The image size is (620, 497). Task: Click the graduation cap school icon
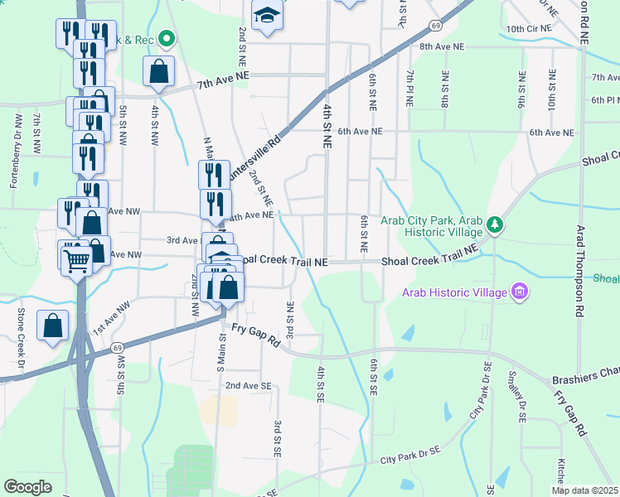(267, 16)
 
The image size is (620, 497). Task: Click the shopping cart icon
(76, 261)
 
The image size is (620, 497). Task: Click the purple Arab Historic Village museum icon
(520, 292)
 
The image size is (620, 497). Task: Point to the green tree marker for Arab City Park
(494, 224)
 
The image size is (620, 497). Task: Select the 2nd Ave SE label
(248, 386)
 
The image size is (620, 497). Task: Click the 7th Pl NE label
(409, 89)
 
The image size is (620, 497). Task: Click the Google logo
(27, 487)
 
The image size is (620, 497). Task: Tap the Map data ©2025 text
(584, 490)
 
